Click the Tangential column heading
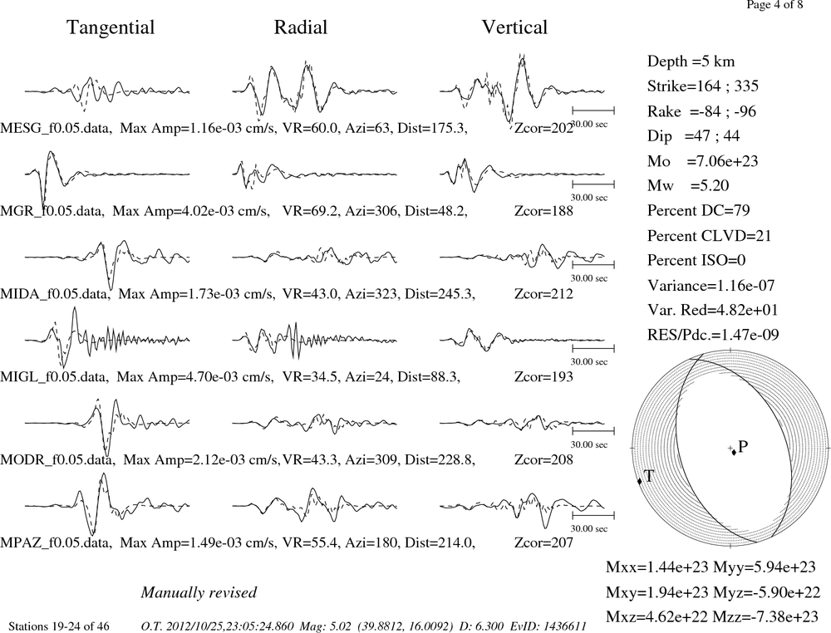pos(111,28)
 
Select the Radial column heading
pos(301,27)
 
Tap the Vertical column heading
pos(514,27)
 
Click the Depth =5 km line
pos(691,61)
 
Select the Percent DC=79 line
pos(699,210)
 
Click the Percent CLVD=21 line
pos(709,235)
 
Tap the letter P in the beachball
pos(742,447)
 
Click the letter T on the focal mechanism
pos(649,476)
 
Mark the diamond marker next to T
pos(639,481)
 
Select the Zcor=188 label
pos(543,211)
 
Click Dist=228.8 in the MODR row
pos(440,459)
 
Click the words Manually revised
pos(199,592)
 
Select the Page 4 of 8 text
pos(774,5)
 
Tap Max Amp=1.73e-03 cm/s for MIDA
pos(196,293)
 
